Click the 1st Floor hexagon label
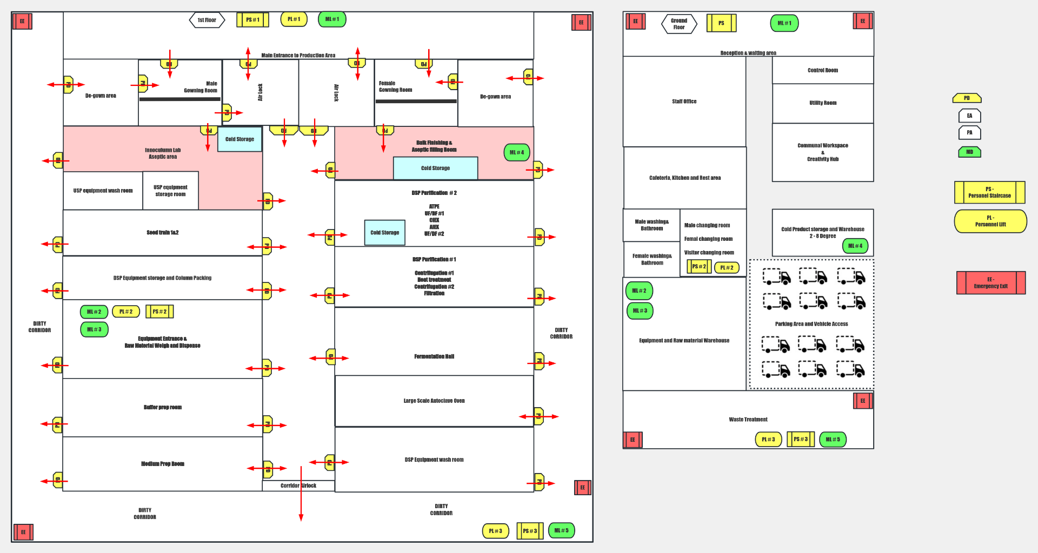[207, 21]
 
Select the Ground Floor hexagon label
[679, 24]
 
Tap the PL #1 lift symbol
[294, 19]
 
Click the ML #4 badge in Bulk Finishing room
[516, 152]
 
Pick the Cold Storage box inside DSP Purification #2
[384, 233]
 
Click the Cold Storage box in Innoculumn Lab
[239, 139]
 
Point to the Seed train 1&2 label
[162, 233]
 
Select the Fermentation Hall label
[434, 356]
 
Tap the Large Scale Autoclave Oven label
[434, 401]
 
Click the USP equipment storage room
[170, 191]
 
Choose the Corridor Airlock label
[298, 485]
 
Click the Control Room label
[822, 70]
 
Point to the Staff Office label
[684, 102]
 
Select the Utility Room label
[822, 103]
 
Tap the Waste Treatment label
[748, 420]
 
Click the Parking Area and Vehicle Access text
[811, 324]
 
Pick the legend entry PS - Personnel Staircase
[989, 192]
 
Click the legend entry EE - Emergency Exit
[990, 282]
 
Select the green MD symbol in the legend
[969, 152]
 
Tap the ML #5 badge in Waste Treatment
[833, 440]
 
